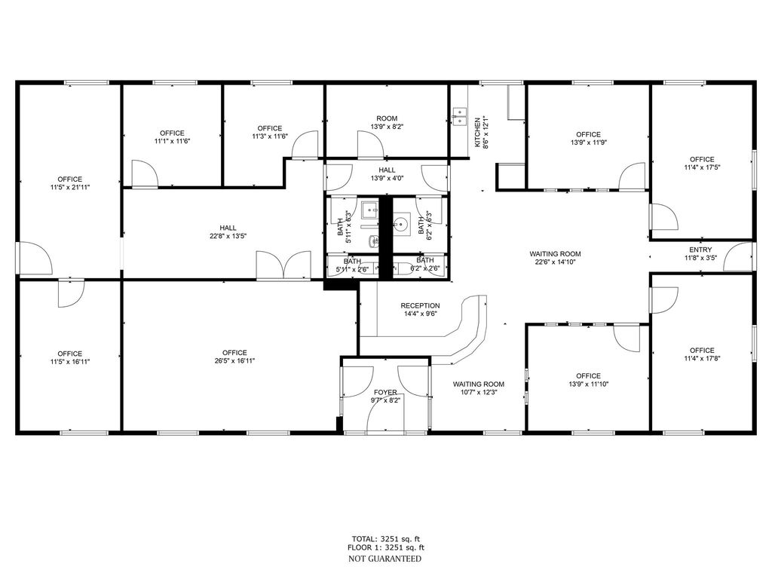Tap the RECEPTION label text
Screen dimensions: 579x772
point(420,305)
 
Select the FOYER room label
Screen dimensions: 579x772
point(385,392)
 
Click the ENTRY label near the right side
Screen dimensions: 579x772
point(700,250)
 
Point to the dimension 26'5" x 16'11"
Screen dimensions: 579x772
point(234,361)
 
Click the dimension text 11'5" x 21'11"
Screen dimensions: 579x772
point(69,187)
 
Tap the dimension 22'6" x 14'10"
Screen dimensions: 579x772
point(555,262)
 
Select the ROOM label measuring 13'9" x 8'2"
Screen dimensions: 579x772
point(387,118)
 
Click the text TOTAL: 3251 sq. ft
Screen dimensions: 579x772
point(386,538)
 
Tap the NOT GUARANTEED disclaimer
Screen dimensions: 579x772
point(384,559)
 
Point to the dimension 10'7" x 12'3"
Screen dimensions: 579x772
point(478,393)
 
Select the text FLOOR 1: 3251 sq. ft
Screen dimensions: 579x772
point(386,548)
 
